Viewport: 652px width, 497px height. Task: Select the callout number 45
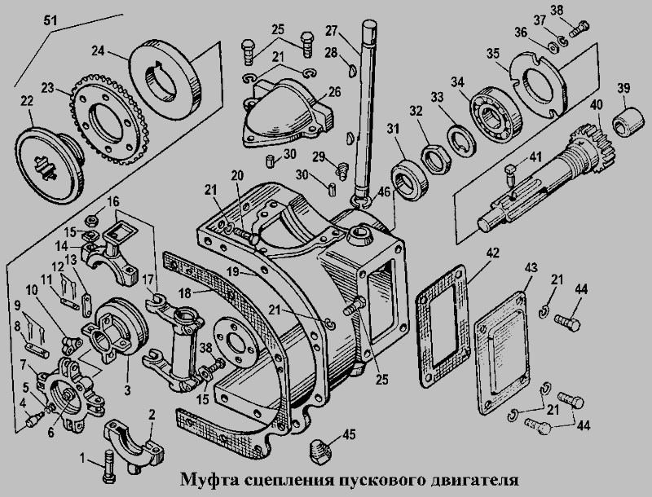348,435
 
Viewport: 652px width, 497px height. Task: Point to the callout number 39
623,88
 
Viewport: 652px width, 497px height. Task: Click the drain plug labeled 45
323,447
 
